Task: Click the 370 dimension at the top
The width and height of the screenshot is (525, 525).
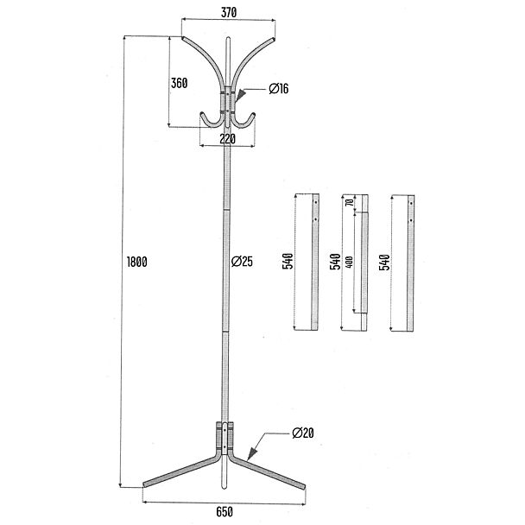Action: point(229,12)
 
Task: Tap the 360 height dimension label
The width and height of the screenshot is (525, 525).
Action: point(179,83)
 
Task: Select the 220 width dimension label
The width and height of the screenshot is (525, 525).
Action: point(228,139)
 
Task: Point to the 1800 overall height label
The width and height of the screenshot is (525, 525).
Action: point(137,262)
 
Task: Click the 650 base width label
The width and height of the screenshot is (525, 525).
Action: point(225,512)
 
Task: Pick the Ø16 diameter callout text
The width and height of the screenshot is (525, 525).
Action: point(279,89)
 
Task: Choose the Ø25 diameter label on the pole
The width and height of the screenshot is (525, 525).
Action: point(242,261)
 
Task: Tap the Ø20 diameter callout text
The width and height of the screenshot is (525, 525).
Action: point(303,433)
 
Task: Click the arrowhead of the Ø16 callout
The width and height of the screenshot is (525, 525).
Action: point(240,96)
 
